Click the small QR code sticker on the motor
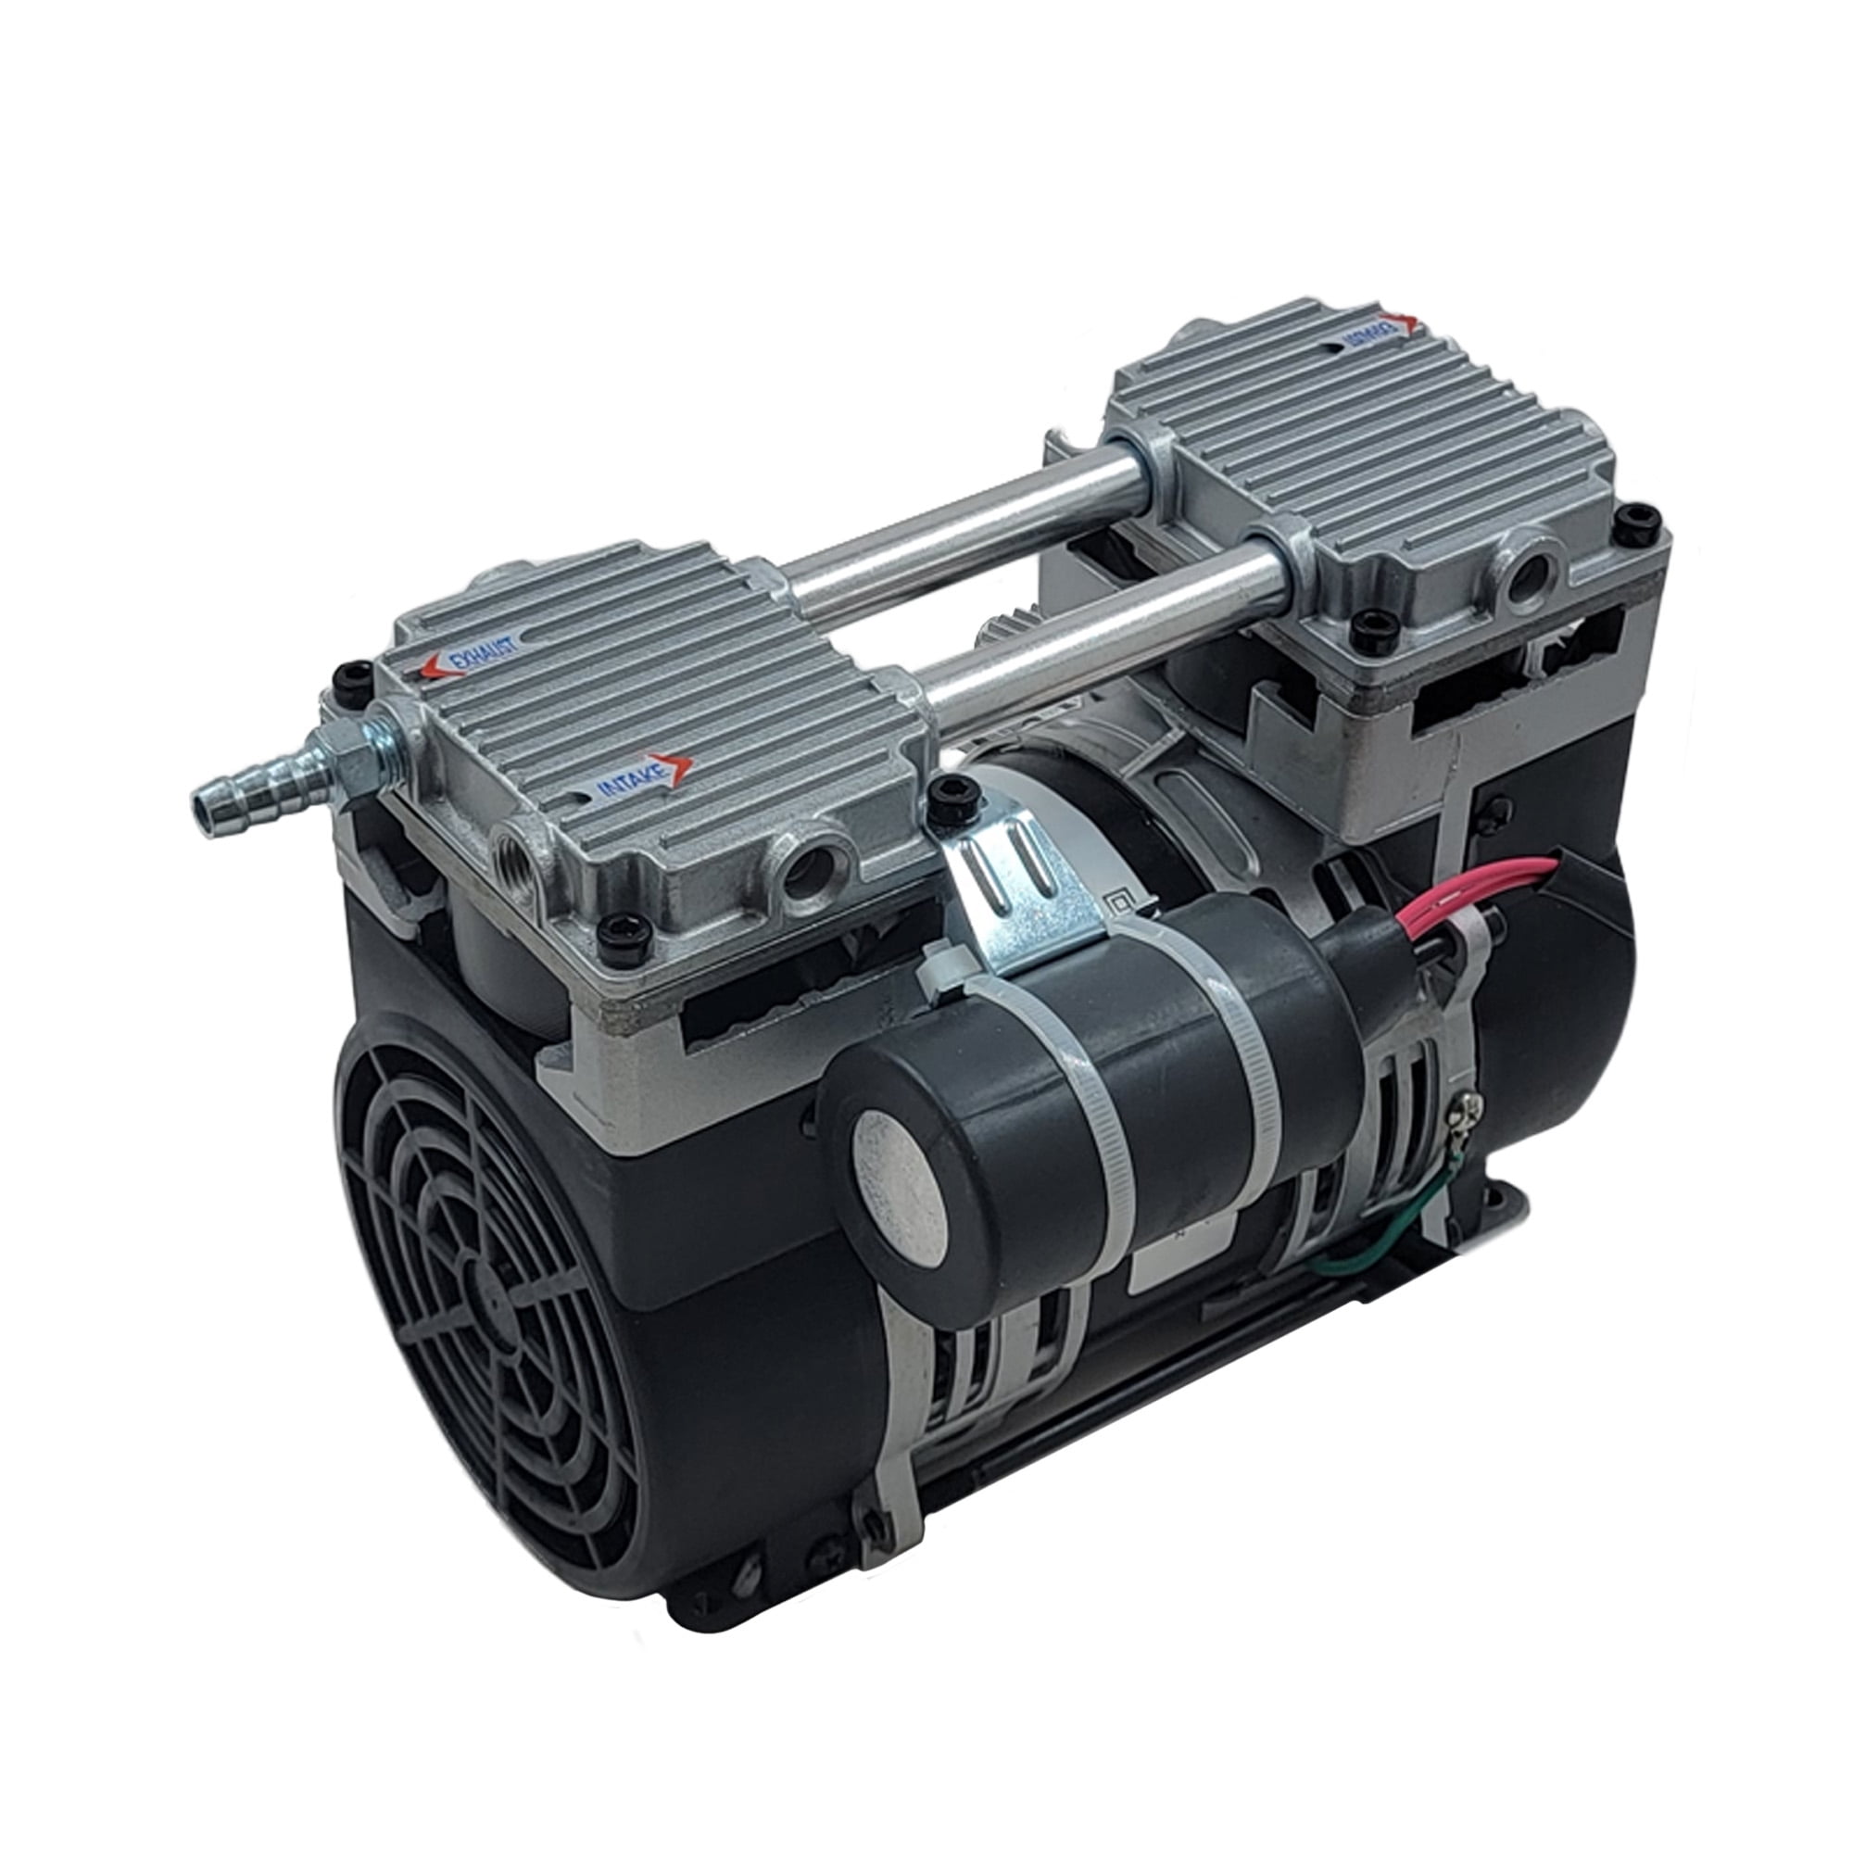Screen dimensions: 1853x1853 [x=1117, y=903]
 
